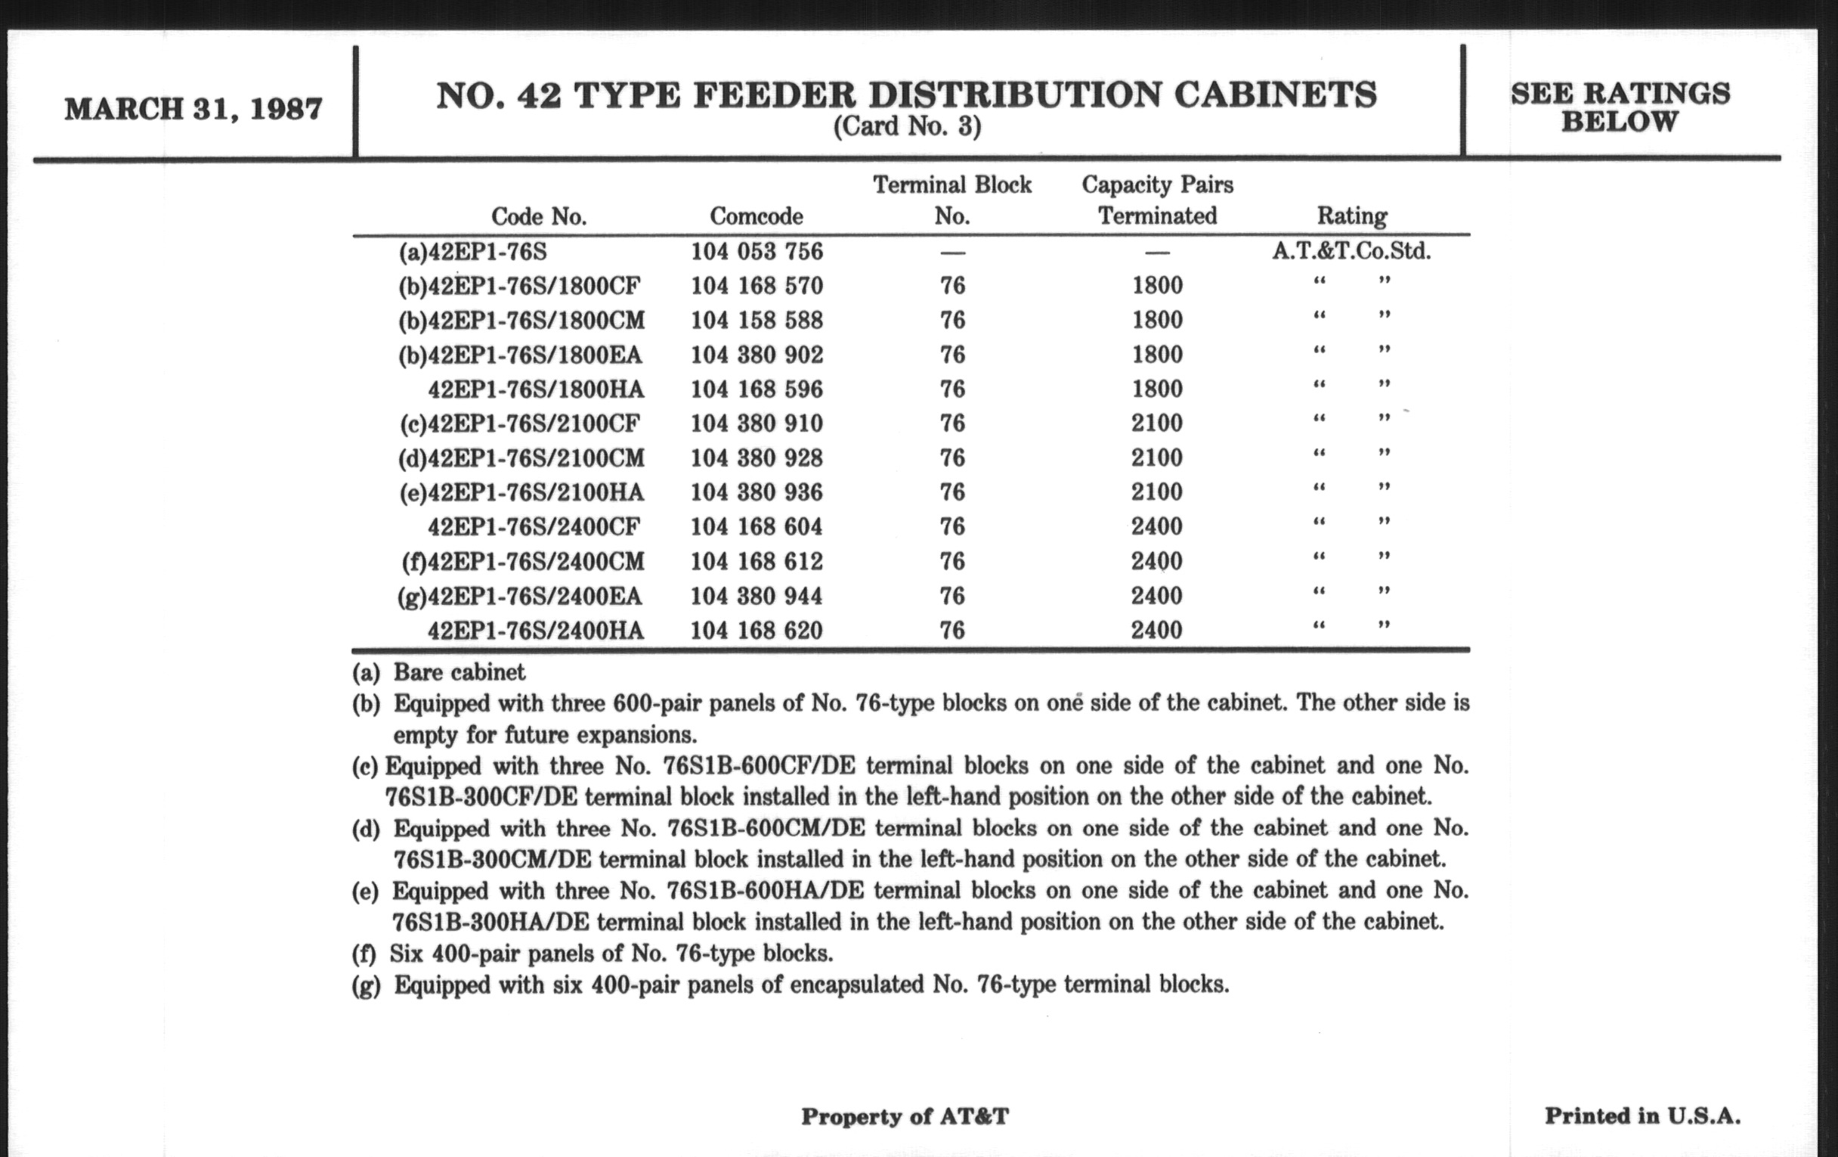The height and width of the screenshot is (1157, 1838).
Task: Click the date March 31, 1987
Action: (x=193, y=109)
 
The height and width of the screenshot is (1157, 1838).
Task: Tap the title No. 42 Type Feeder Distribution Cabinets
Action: (x=906, y=95)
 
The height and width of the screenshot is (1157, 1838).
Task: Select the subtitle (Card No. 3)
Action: (x=906, y=126)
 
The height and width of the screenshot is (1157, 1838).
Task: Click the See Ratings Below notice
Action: (x=1620, y=107)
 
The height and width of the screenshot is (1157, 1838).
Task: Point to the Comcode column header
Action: (x=756, y=216)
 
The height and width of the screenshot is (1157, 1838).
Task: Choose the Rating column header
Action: (x=1351, y=216)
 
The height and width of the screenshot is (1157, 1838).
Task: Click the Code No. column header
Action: (x=538, y=217)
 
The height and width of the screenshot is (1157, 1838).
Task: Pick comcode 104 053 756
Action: (x=757, y=251)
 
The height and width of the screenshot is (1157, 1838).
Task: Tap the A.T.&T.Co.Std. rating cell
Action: (x=1351, y=251)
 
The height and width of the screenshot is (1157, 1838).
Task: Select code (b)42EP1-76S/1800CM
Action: (x=521, y=320)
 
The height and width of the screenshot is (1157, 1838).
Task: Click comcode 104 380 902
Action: (x=757, y=355)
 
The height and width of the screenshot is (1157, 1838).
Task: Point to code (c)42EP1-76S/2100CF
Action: (x=520, y=423)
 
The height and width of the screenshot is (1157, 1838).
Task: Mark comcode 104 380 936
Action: (x=757, y=492)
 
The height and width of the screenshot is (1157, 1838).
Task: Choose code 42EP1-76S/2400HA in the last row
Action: (x=535, y=631)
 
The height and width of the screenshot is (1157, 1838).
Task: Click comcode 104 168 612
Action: (x=757, y=562)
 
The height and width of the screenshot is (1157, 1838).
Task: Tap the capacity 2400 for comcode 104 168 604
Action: (x=1156, y=527)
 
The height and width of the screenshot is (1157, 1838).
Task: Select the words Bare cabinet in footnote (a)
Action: (x=459, y=672)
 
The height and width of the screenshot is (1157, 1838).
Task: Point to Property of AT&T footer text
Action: (x=905, y=1116)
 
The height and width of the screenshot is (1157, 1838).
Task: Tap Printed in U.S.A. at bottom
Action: (x=1642, y=1115)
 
